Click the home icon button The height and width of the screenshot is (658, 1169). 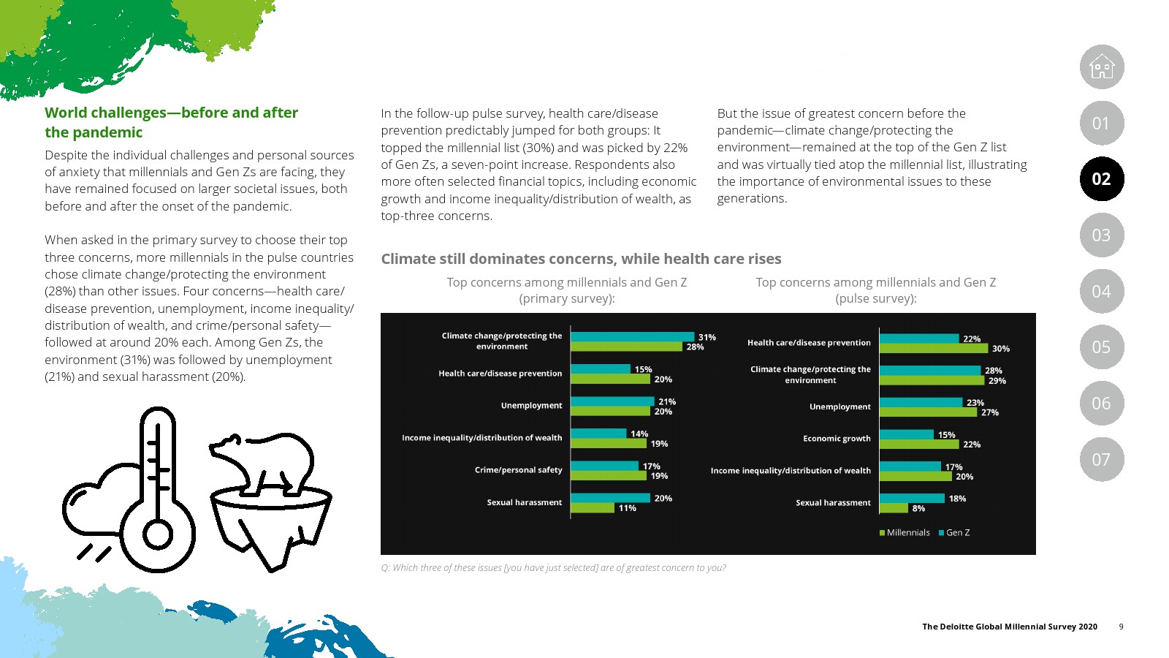(1102, 67)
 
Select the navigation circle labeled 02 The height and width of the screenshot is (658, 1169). (1102, 179)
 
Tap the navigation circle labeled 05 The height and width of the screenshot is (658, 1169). (1102, 347)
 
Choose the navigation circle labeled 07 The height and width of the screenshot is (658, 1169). (1102, 459)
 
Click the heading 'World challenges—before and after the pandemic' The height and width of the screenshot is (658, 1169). (171, 122)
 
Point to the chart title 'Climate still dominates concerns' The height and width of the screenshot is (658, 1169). (581, 259)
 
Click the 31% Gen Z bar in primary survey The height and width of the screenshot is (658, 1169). (632, 337)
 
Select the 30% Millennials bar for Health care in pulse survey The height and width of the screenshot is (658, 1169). (933, 349)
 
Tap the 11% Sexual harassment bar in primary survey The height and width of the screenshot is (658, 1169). (592, 508)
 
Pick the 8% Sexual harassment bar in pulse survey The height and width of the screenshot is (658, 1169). (894, 508)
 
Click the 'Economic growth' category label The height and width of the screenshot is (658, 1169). (837, 439)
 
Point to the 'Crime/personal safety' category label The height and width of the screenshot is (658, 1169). (518, 470)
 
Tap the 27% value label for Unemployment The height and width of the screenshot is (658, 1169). (990, 412)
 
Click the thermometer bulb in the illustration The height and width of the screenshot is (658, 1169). (158, 534)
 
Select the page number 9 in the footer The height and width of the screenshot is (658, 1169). (1121, 627)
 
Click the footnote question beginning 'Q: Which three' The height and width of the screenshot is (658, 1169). (553, 568)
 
